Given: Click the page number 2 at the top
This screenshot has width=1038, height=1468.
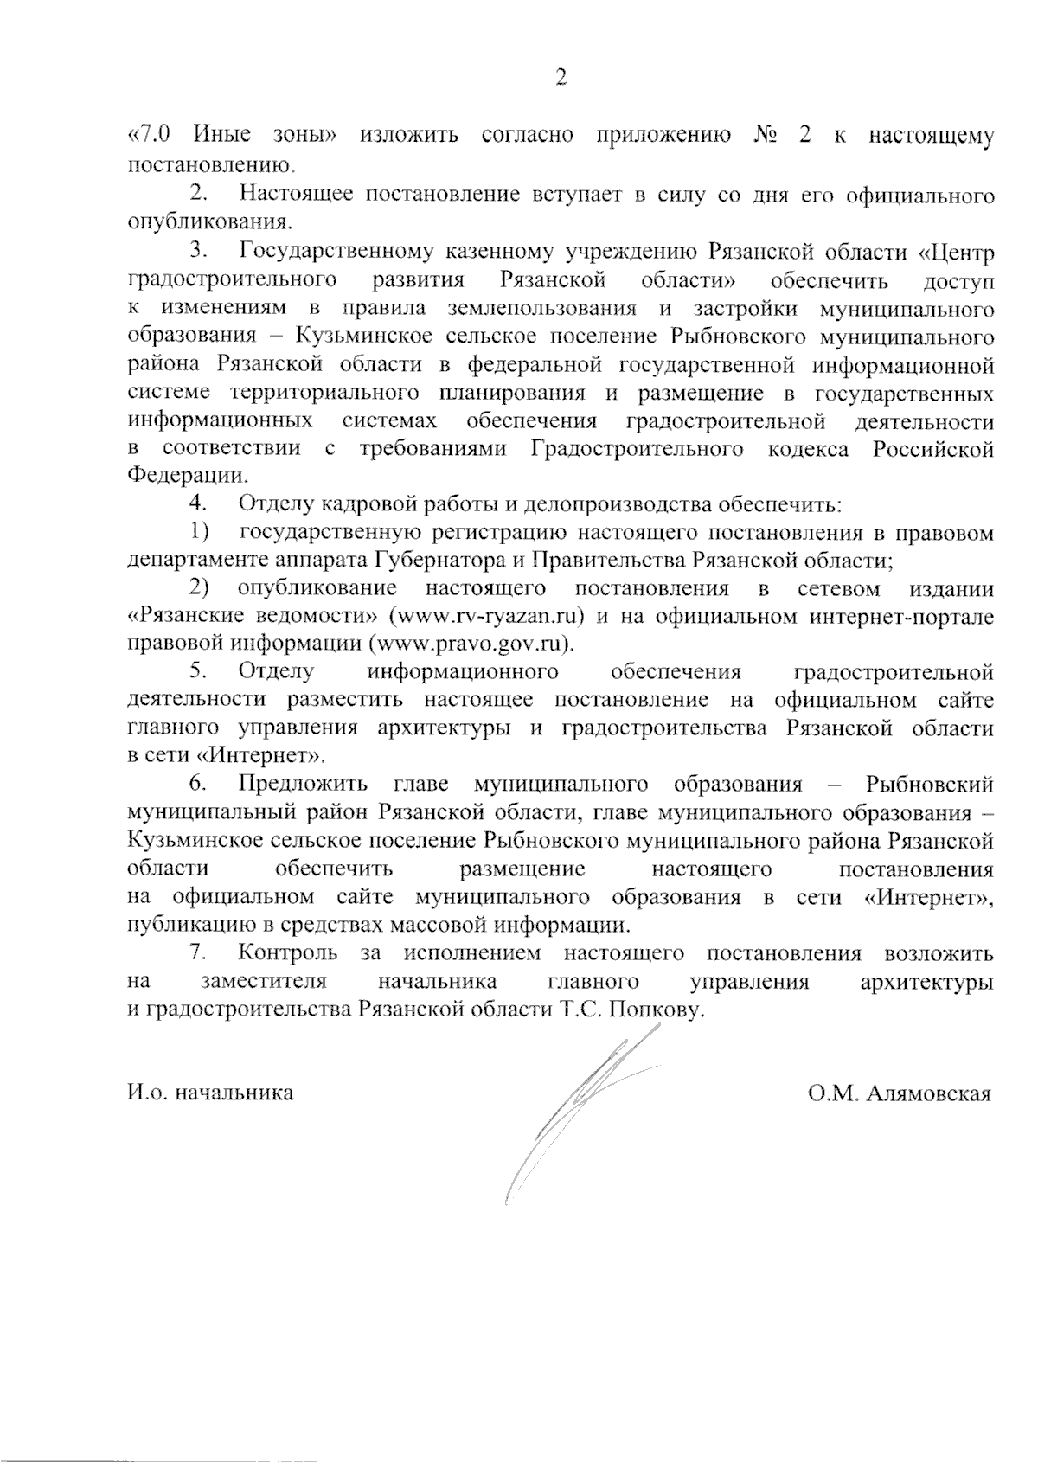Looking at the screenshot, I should (561, 79).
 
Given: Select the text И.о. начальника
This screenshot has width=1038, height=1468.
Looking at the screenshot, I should (210, 1093).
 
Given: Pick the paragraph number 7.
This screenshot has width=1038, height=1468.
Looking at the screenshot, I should (198, 953).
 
